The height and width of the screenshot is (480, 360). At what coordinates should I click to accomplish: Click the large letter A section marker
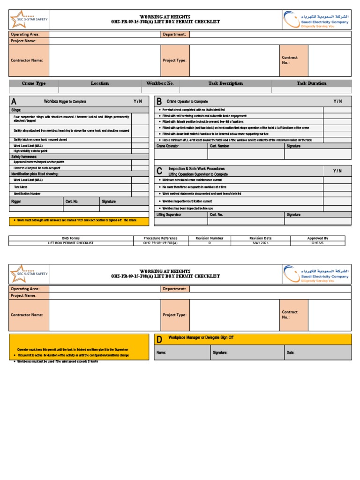pos(14,102)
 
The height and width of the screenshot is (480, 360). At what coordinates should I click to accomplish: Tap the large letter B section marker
pos(159,102)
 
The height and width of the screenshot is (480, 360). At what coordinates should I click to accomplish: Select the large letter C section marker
pos(159,171)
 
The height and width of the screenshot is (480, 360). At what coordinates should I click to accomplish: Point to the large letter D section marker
pos(159,339)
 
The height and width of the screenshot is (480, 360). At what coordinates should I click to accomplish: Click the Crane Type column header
pos(34,83)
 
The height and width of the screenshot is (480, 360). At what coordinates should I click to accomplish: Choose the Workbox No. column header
pos(160,83)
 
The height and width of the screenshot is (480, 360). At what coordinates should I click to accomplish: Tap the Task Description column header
pos(225,83)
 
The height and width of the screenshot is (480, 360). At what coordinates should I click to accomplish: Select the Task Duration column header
pos(311,83)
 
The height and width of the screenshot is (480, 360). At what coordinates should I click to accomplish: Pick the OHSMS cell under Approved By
pos(318,243)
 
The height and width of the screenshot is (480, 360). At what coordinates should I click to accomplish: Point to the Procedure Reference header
pos(160,238)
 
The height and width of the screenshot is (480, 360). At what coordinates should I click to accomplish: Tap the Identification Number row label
pos(27,193)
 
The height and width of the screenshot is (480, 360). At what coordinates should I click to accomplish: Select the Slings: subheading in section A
pos(17,110)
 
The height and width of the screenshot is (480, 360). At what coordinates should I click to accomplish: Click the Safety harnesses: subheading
pos(24,156)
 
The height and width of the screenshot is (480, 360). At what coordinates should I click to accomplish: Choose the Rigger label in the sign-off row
pos(16,202)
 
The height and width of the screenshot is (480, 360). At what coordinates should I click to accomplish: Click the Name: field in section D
pos(161,352)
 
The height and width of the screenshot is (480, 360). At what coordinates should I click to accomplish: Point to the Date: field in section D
pos(291,352)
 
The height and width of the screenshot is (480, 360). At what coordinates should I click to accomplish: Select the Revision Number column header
pos(210,238)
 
